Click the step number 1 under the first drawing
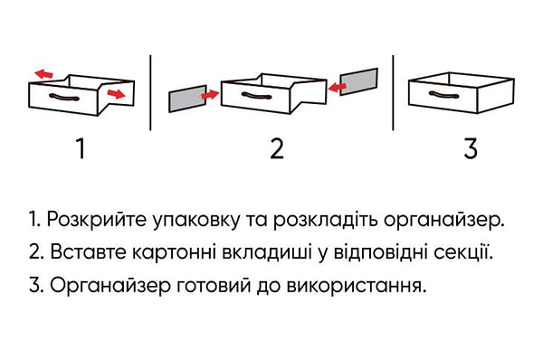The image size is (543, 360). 81,148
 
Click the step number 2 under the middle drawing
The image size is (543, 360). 277,148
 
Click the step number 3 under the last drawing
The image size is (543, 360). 470,148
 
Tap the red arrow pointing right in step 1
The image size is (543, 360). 115,93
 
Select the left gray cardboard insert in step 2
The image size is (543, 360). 186,98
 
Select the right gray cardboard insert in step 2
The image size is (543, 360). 358,81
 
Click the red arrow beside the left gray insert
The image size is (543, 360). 210,93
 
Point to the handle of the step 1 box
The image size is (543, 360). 64,96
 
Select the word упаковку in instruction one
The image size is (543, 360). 191,221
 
